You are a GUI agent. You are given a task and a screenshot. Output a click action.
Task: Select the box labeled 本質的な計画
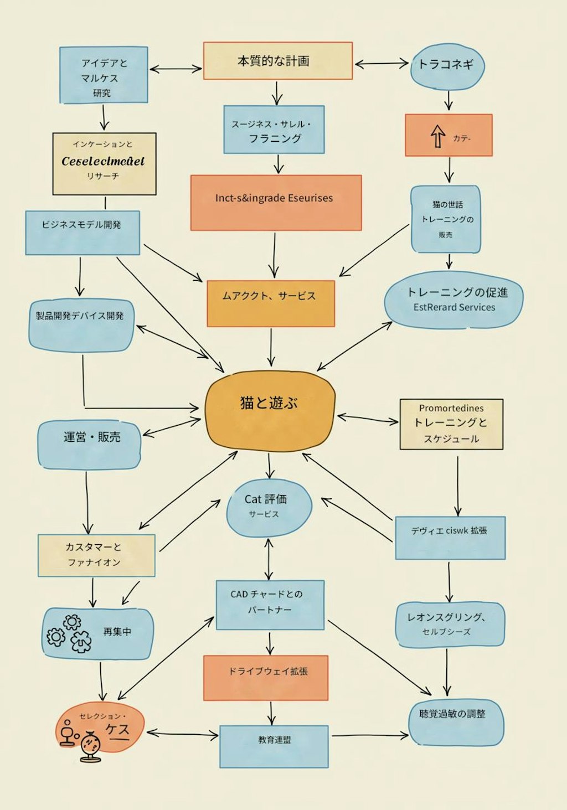[x=277, y=61]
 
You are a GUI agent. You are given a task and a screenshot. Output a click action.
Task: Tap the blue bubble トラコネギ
[x=447, y=66]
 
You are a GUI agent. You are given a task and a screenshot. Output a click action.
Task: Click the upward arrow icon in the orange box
[x=438, y=136]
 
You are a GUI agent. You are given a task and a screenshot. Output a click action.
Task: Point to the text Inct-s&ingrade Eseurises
[x=274, y=198]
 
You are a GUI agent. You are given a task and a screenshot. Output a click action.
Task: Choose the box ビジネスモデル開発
[x=83, y=232]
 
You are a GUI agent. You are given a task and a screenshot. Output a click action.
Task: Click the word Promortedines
[x=451, y=408]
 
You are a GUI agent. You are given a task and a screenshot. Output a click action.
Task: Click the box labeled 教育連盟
[x=274, y=746]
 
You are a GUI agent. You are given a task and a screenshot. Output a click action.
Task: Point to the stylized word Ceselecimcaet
[x=103, y=161]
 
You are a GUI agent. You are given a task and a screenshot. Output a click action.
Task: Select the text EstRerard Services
[x=454, y=307]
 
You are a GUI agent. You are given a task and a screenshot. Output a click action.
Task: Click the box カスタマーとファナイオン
[x=96, y=555]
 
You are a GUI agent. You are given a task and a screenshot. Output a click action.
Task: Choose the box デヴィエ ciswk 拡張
[x=450, y=537]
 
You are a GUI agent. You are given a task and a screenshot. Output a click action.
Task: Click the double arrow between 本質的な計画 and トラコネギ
[x=381, y=64]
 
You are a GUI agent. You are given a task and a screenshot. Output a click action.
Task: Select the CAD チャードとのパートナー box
[x=270, y=604]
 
